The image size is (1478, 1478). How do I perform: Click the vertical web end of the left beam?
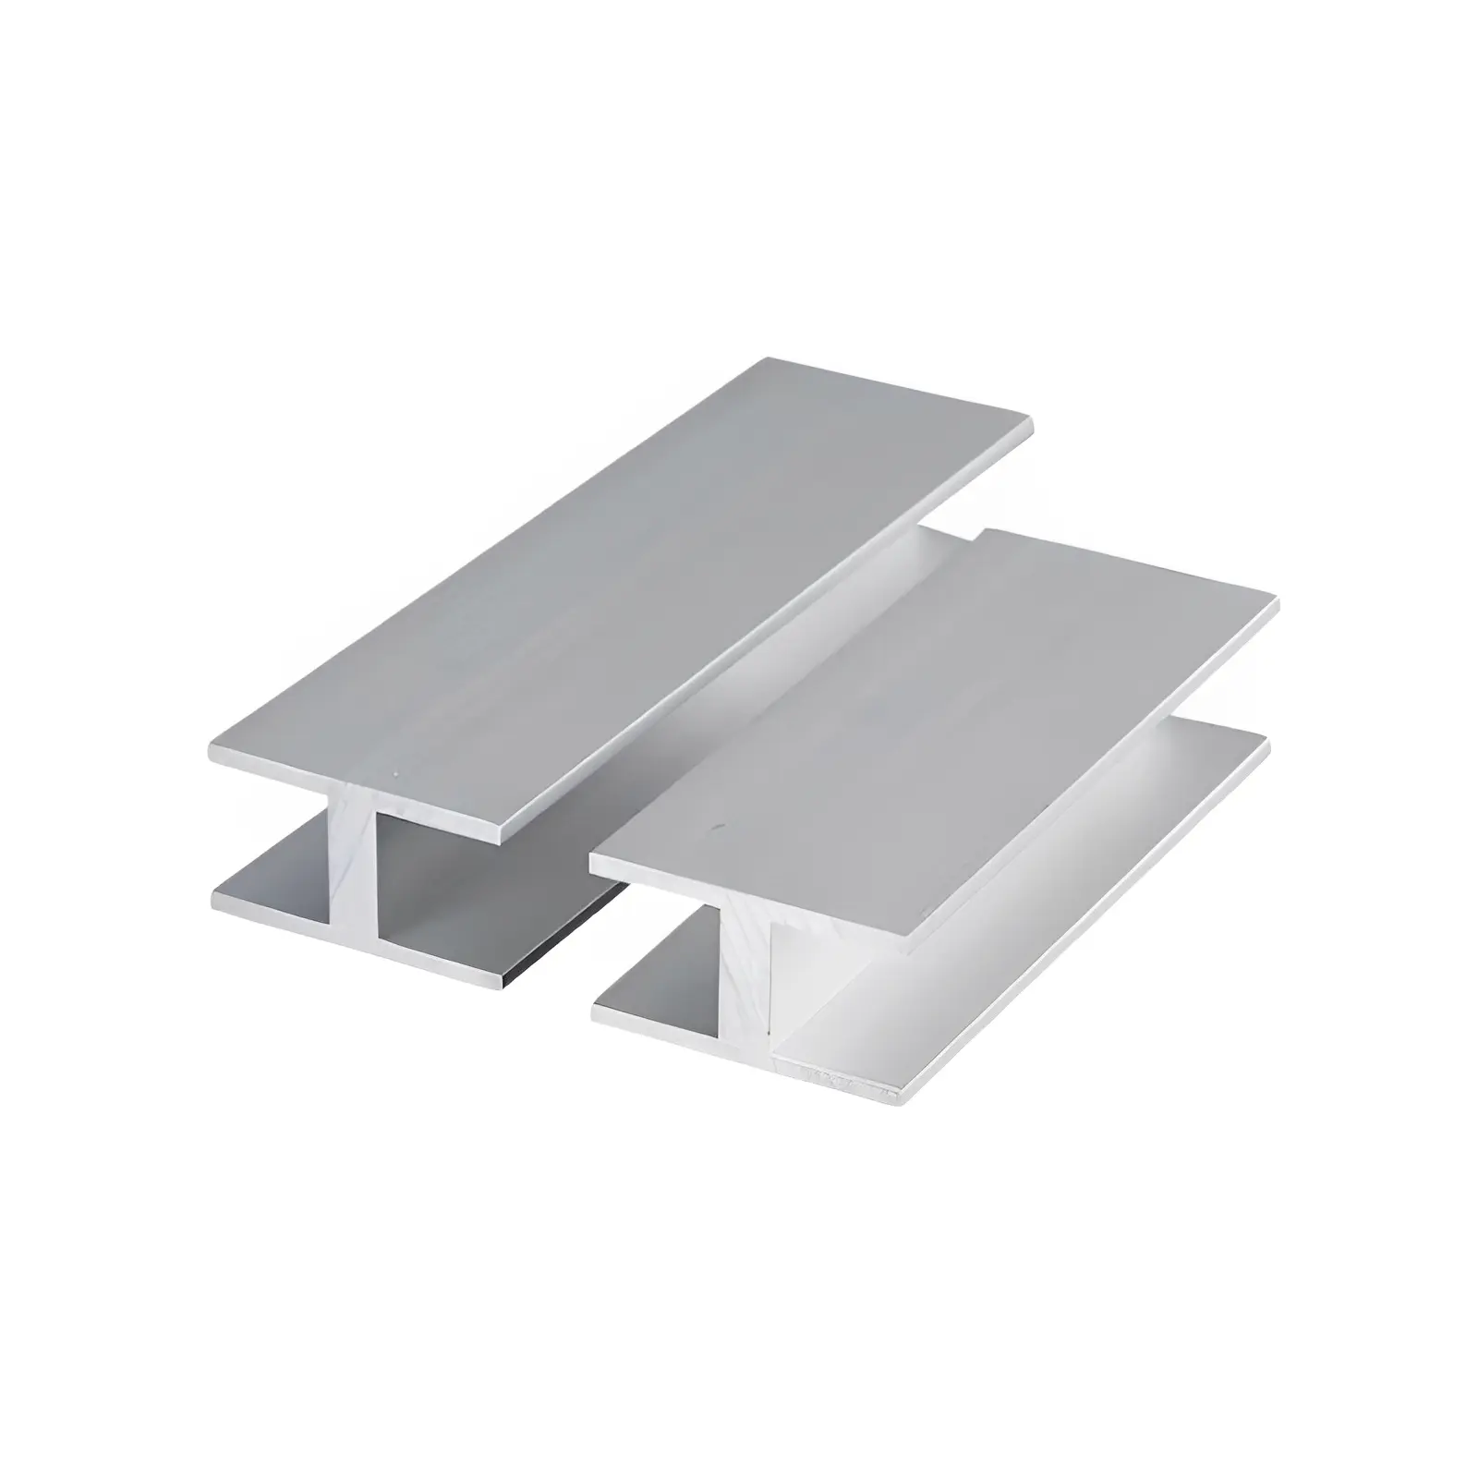coord(351,868)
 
